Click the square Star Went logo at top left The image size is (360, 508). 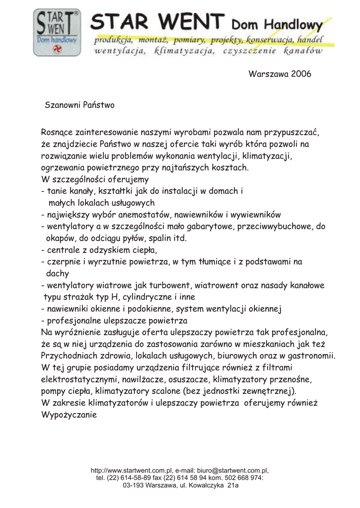point(56,33)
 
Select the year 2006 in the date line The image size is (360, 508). point(300,74)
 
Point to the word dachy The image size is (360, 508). point(57,273)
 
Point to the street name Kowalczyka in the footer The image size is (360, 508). point(203,486)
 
